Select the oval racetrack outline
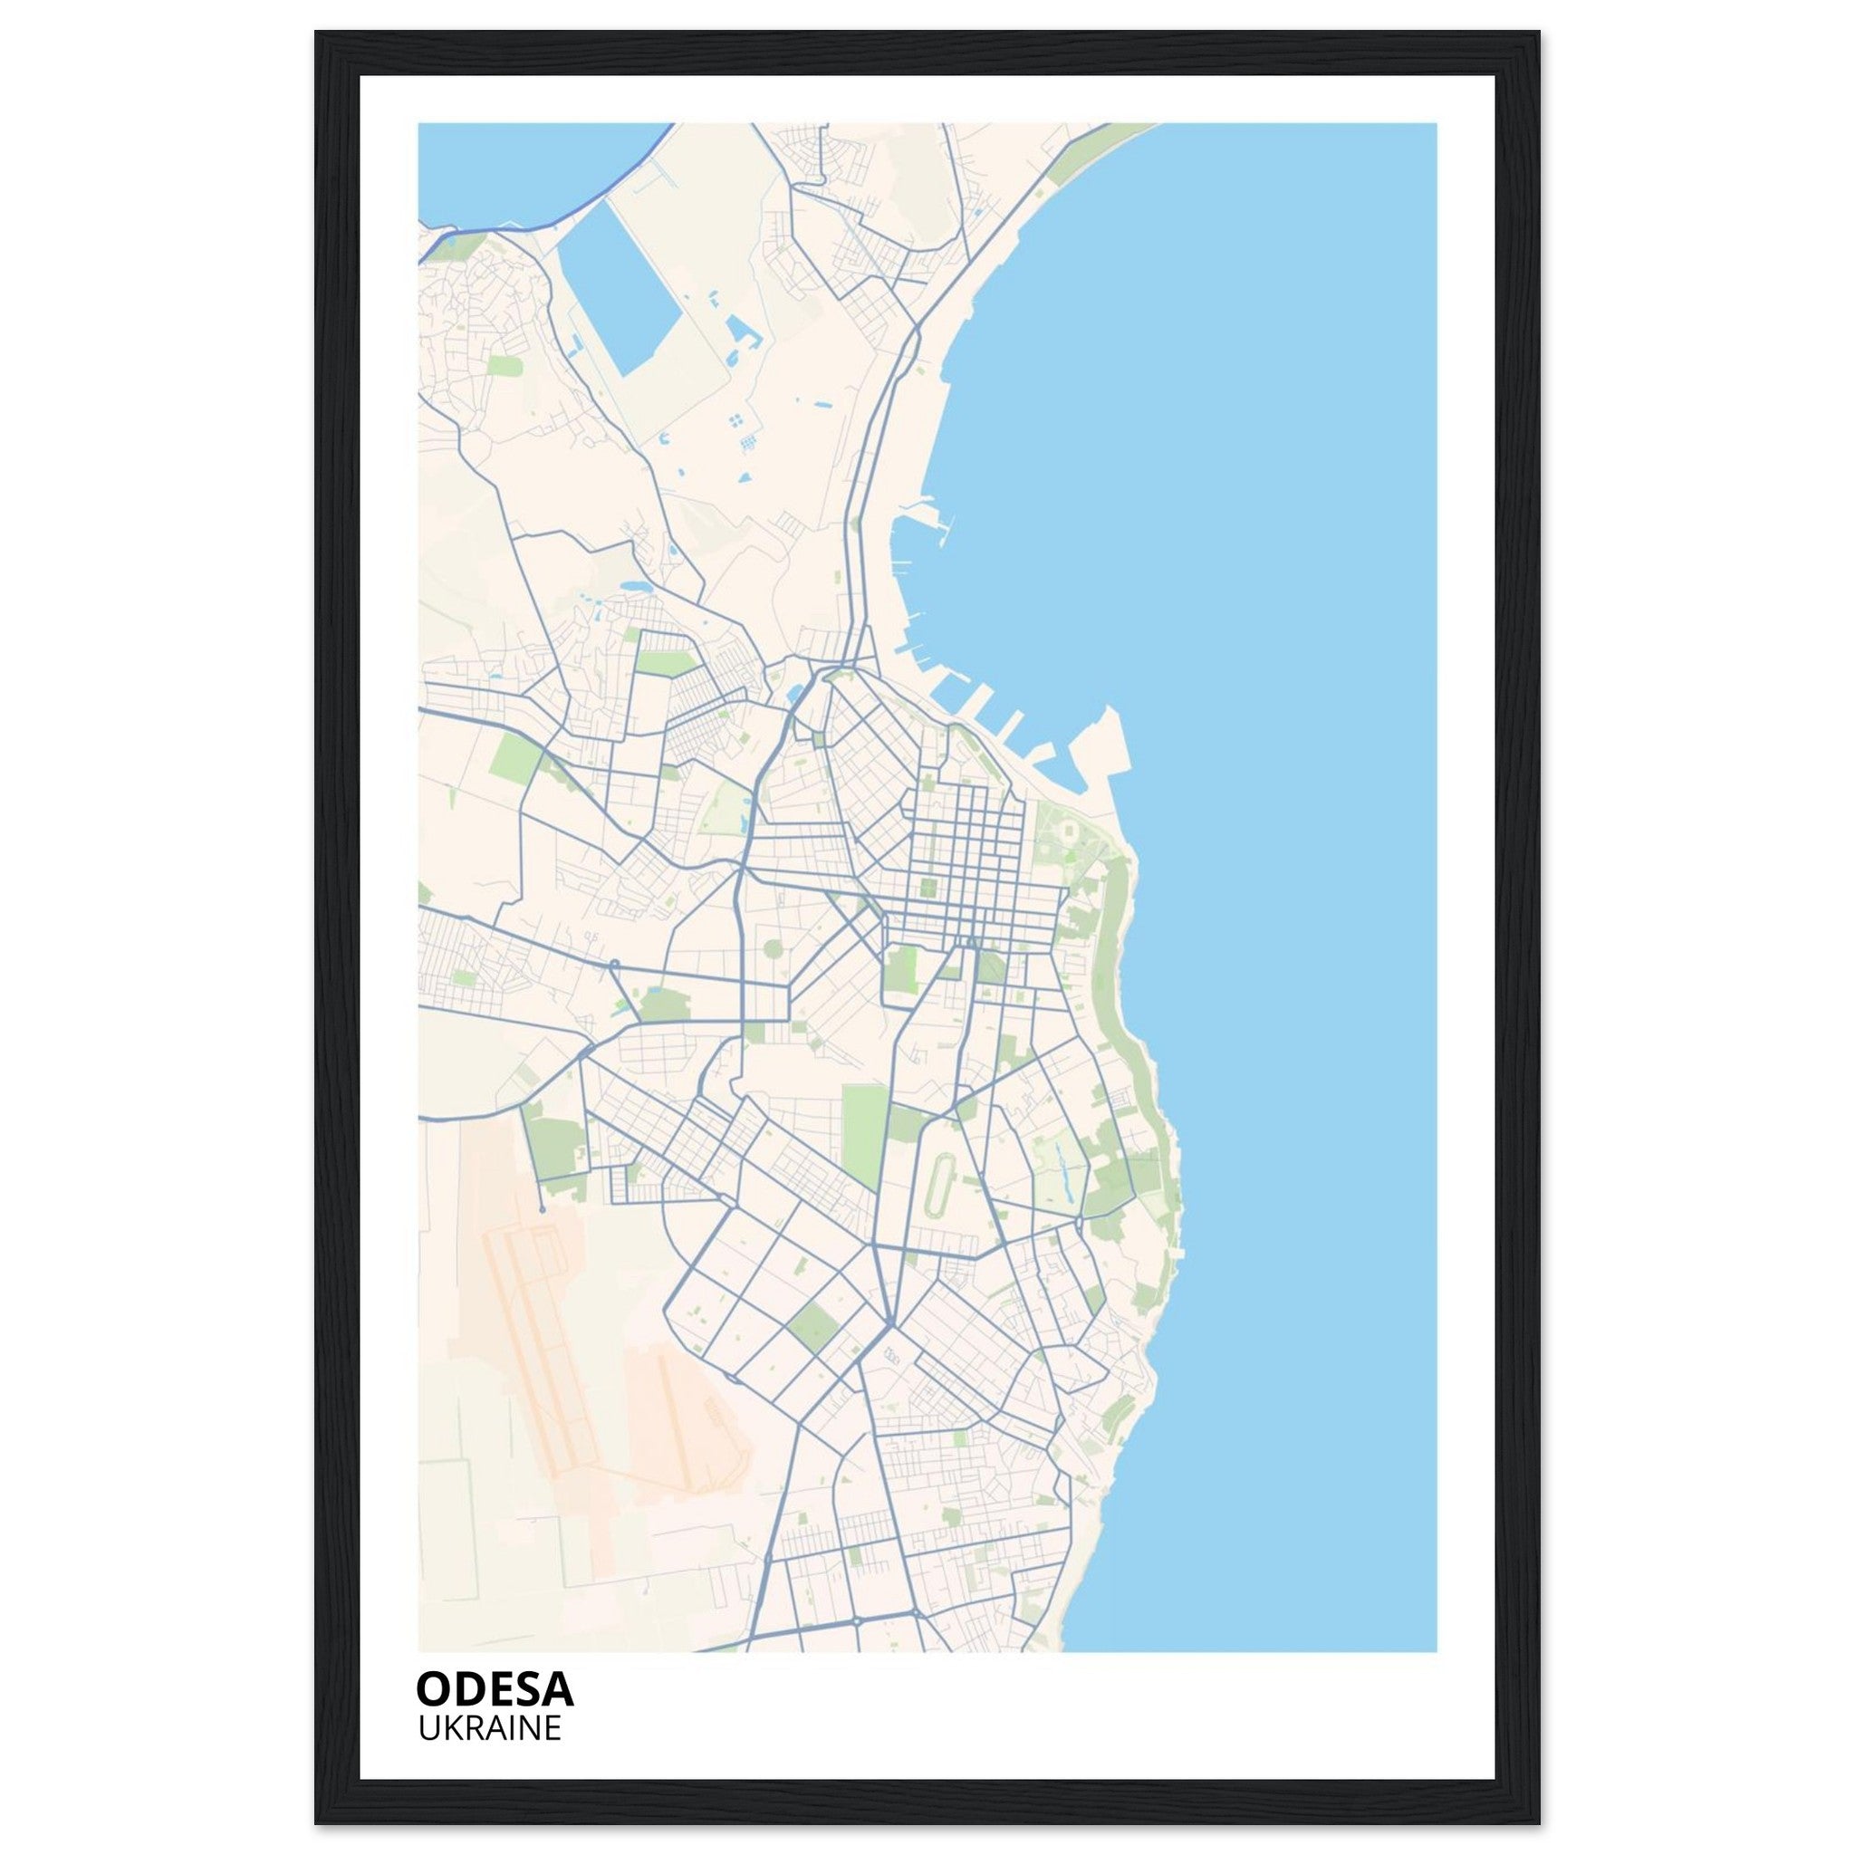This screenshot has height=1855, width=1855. click(937, 1183)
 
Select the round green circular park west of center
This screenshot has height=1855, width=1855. click(772, 949)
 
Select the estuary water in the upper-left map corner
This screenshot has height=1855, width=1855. click(499, 173)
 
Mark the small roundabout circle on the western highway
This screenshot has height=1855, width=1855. click(613, 963)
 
